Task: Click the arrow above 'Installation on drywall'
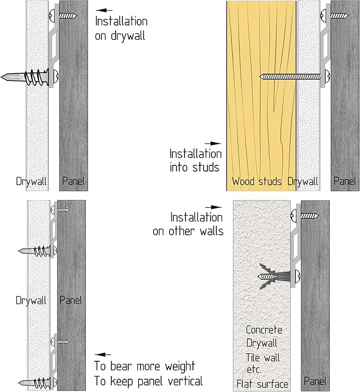[x=104, y=10]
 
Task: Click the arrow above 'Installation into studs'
[x=213, y=144]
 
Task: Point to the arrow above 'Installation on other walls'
[x=213, y=207]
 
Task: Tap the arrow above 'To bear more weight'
[x=103, y=354]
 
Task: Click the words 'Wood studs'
[x=257, y=181]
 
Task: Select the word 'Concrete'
[x=264, y=329]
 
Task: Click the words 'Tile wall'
[x=262, y=358]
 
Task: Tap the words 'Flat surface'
[x=262, y=384]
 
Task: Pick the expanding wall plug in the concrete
[x=275, y=277]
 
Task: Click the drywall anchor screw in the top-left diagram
[x=29, y=76]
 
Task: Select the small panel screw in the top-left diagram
[x=64, y=16]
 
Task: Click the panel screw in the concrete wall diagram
[x=305, y=216]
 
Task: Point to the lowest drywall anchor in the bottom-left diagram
[x=38, y=382]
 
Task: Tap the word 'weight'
[x=180, y=367]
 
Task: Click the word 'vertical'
[x=185, y=381]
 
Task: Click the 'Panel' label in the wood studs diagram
[x=345, y=181]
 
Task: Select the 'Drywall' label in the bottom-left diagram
[x=31, y=300]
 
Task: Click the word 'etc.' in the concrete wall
[x=254, y=370]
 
